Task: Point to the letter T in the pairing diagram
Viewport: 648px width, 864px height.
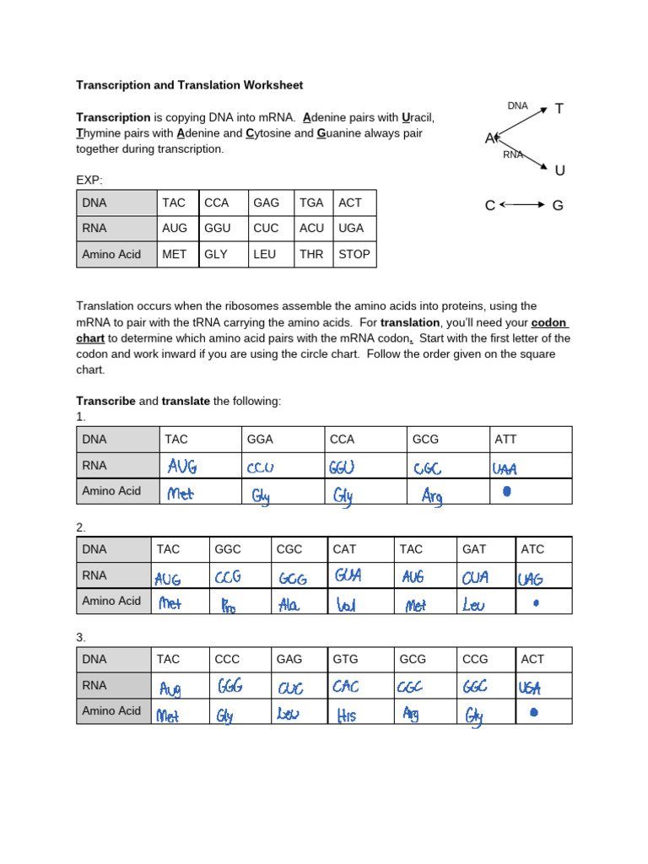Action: point(559,108)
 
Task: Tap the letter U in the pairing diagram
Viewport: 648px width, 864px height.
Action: point(559,171)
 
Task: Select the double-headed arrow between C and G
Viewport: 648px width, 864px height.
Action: point(522,205)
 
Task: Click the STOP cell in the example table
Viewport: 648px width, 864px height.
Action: point(354,254)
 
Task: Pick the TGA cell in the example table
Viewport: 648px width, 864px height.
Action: point(311,203)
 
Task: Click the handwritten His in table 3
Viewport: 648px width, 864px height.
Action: point(347,715)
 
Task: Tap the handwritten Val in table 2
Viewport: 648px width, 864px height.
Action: point(347,605)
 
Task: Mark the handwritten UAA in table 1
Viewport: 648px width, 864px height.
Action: point(505,467)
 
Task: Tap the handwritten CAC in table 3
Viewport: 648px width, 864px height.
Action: point(347,686)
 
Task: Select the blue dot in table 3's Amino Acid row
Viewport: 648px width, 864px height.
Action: point(532,712)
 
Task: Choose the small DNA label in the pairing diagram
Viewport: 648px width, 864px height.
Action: point(517,105)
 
